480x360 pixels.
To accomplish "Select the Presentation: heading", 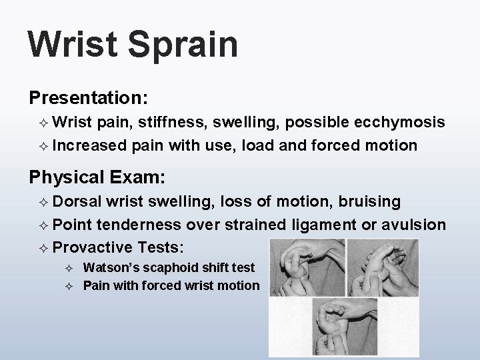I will [x=88, y=97].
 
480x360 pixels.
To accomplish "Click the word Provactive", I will [x=93, y=247].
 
